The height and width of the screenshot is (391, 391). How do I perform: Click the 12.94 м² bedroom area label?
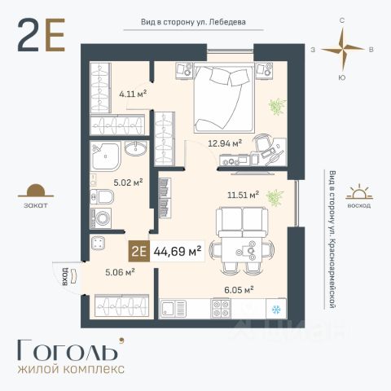coord(225,143)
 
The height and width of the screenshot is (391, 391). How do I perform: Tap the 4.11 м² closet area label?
coord(133,94)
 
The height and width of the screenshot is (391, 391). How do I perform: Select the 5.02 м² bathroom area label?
coord(128,182)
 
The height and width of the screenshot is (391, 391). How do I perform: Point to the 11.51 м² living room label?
coord(243,195)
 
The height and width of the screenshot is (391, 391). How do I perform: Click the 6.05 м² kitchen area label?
coord(239,290)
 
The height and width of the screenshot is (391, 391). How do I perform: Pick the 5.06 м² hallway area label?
coord(120,272)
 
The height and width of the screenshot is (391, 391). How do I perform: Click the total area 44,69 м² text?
coord(178,252)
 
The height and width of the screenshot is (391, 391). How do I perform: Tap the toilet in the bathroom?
coord(102,196)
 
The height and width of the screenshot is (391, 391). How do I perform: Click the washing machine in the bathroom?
coord(101,218)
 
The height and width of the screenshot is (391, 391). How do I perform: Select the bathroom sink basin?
coord(135,148)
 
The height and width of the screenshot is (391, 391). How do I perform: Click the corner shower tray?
coord(105,156)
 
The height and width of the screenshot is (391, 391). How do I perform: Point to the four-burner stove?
coord(222,309)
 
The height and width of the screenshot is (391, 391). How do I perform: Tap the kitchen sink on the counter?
coord(174,309)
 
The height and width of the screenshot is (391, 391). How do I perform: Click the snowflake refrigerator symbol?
coord(276,310)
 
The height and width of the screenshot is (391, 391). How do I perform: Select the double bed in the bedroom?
coord(224,97)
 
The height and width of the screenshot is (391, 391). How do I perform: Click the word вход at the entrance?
coord(65,276)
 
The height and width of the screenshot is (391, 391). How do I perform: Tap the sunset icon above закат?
coord(36,191)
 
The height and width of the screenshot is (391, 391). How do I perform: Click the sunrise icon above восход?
coord(359,192)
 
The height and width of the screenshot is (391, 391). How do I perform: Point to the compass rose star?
coord(343,50)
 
